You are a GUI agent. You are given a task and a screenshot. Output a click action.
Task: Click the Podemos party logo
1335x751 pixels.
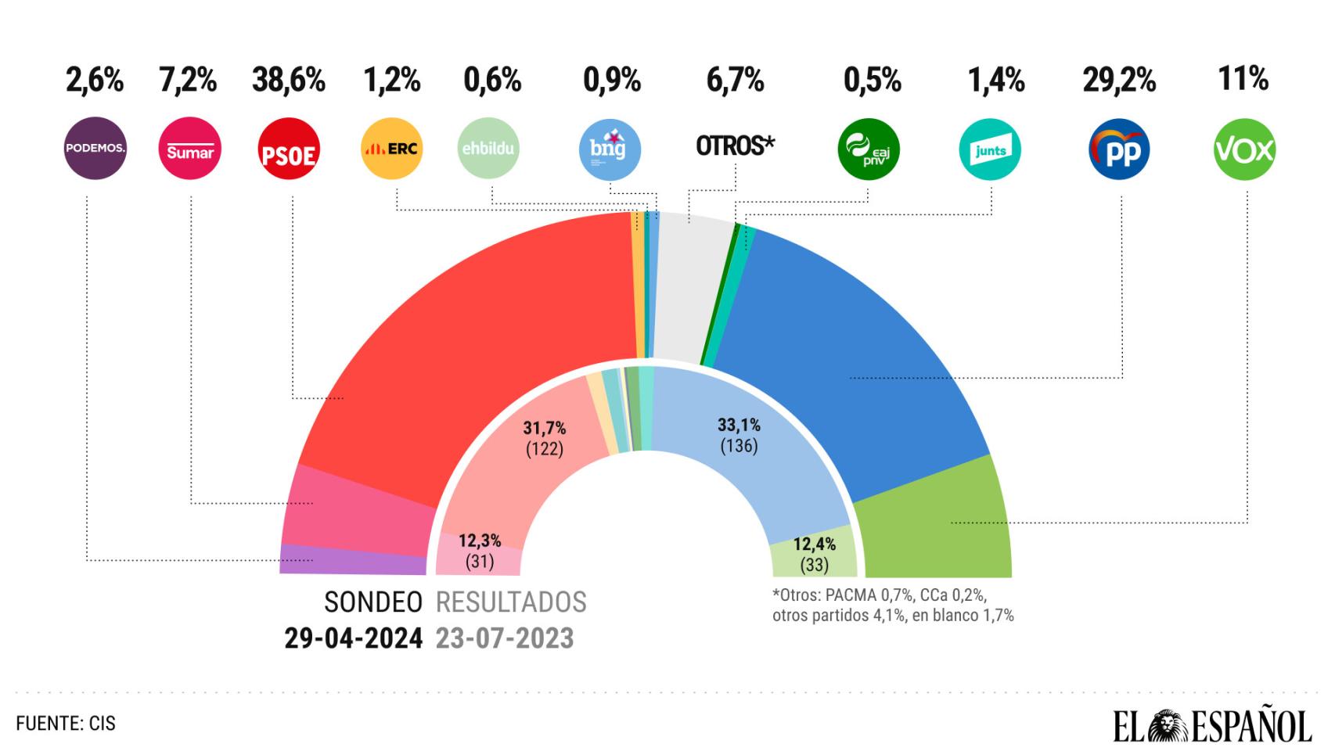click(x=95, y=149)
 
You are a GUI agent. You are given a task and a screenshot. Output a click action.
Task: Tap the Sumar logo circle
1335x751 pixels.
click(x=190, y=149)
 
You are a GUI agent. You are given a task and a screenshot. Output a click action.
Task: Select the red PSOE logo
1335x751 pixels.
click(x=289, y=149)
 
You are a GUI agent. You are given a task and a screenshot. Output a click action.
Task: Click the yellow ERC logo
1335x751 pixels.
click(x=392, y=149)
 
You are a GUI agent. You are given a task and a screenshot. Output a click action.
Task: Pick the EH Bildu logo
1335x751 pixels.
click(x=489, y=149)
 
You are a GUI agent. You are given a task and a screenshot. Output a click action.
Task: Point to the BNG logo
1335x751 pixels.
click(x=610, y=149)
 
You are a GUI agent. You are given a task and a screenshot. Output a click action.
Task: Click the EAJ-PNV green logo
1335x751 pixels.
click(x=869, y=149)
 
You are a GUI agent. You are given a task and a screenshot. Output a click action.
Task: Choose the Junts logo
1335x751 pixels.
click(x=991, y=149)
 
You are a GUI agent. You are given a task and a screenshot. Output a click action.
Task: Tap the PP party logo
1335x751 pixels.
click(x=1120, y=149)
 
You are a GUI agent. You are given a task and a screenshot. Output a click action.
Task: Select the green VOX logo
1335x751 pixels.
click(x=1244, y=149)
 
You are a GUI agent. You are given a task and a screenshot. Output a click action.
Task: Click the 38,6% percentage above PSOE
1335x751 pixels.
click(x=289, y=81)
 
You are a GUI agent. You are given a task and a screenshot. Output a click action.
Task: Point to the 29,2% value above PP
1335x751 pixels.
click(x=1120, y=81)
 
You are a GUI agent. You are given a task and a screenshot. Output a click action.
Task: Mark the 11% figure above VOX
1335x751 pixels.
click(x=1243, y=79)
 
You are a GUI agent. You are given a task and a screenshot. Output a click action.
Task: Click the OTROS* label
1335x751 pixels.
click(x=735, y=146)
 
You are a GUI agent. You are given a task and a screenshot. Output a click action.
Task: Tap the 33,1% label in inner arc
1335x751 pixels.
click(x=739, y=426)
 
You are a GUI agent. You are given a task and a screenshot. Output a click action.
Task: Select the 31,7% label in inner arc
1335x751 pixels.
click(x=545, y=429)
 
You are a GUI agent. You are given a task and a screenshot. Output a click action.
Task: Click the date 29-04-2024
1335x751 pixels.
click(x=354, y=638)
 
